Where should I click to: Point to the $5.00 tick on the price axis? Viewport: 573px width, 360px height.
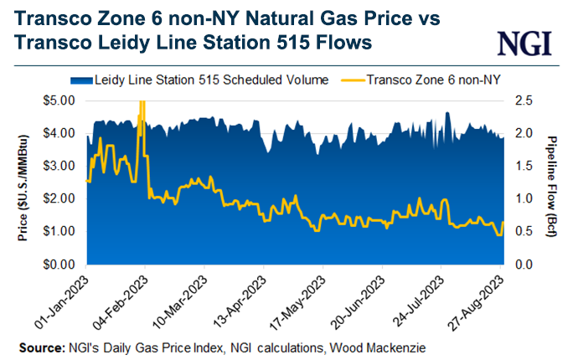(x=61, y=100)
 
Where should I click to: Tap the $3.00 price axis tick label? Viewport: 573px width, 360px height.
(x=61, y=166)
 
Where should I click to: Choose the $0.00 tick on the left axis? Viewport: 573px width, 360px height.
(x=61, y=264)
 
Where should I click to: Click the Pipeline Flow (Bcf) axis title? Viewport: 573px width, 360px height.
(x=554, y=182)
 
